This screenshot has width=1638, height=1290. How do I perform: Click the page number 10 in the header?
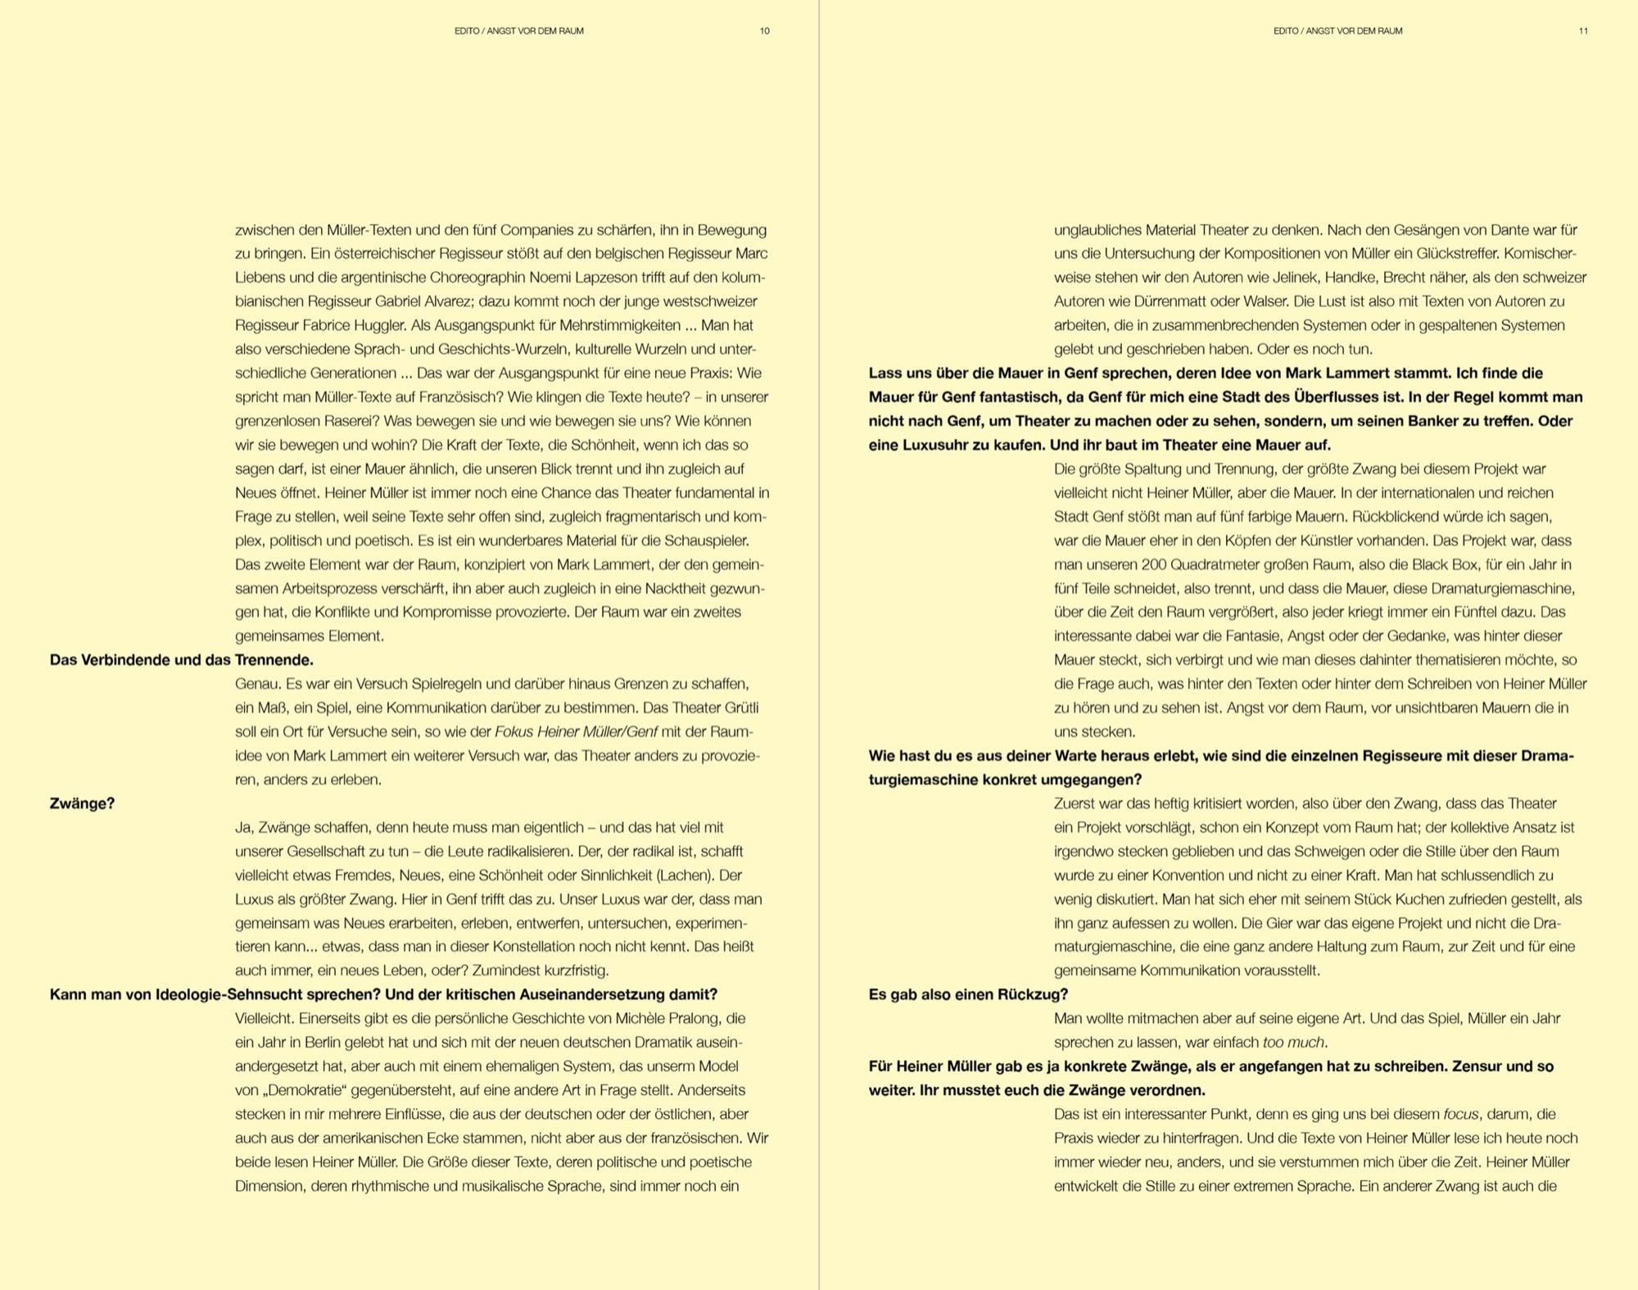[x=764, y=31]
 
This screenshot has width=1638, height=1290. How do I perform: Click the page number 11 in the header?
[x=1583, y=31]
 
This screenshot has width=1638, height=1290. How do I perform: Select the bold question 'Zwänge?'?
[x=82, y=803]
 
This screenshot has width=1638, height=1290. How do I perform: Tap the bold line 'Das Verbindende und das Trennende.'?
[x=182, y=660]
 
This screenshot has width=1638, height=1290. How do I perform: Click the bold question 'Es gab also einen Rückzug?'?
[x=968, y=995]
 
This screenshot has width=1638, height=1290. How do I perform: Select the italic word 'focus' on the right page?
[x=1460, y=1115]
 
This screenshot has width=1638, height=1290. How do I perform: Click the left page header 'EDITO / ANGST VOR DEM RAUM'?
[x=518, y=31]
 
